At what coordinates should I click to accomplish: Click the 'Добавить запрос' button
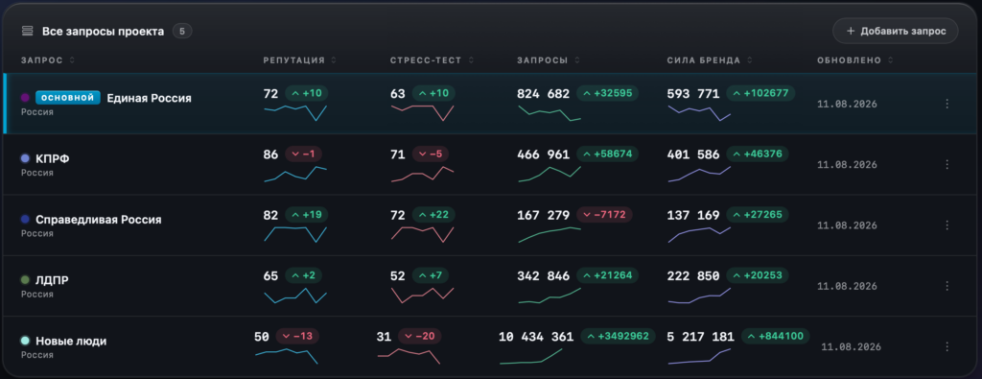tap(895, 31)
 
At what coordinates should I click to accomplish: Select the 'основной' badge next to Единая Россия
tap(68, 98)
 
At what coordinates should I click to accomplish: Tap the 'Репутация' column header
tap(293, 60)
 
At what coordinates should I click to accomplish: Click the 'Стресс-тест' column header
tap(426, 60)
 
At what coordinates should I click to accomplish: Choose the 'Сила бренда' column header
tap(703, 60)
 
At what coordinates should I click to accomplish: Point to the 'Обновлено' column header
tap(849, 60)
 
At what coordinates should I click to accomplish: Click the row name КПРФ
tap(53, 159)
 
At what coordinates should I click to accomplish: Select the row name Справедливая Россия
tap(99, 220)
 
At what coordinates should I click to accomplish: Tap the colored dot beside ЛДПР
tap(25, 280)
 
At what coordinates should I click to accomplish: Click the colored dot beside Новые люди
tap(25, 341)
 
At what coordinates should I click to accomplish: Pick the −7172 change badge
tap(604, 215)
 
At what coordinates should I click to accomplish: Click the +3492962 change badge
tap(619, 337)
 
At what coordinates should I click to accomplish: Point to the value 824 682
tap(543, 94)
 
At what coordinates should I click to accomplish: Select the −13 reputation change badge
tap(297, 337)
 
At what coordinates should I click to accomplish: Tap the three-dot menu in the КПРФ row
tap(947, 164)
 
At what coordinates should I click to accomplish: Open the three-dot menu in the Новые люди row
tap(947, 346)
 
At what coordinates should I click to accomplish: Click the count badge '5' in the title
tap(182, 31)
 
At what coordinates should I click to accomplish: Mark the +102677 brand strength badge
tap(760, 93)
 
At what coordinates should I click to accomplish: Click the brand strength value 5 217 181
tap(700, 337)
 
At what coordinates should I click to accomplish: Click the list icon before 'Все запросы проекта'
tap(27, 31)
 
